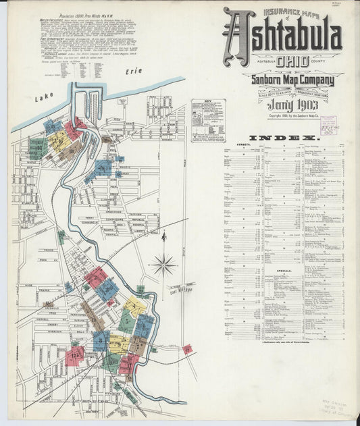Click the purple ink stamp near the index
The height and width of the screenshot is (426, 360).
328,126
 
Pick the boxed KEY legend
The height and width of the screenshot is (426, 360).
208,120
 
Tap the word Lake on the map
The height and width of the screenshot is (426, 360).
45,99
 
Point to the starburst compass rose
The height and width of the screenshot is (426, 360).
163,265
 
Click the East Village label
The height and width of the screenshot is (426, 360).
181,289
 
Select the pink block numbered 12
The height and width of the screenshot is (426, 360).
74,354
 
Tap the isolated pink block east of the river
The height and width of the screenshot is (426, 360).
188,349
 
